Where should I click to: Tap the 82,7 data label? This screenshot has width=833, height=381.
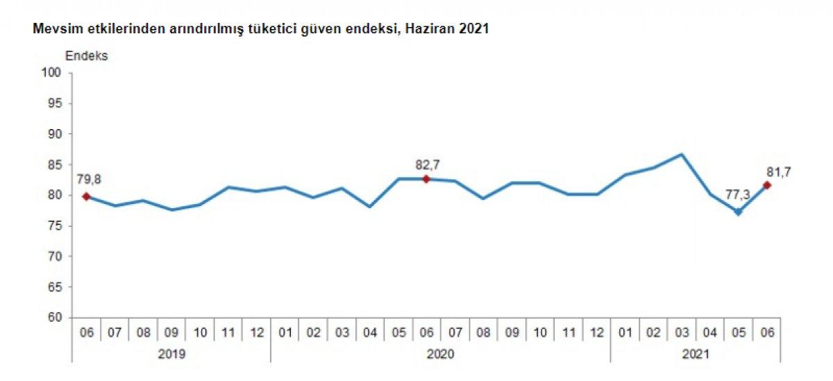pyautogui.click(x=427, y=164)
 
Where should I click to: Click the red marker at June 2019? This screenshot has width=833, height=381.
pyautogui.click(x=86, y=196)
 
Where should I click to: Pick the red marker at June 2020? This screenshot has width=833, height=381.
pyautogui.click(x=426, y=179)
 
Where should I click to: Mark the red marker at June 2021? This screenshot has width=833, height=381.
pyautogui.click(x=767, y=185)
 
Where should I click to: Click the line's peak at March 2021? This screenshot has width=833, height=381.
pyautogui.click(x=682, y=154)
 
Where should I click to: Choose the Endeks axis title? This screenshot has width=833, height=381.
pyautogui.click(x=87, y=56)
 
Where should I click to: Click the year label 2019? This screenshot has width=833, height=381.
pyautogui.click(x=171, y=353)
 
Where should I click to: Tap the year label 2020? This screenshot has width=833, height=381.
pyautogui.click(x=440, y=353)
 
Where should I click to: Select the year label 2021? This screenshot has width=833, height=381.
pyautogui.click(x=695, y=353)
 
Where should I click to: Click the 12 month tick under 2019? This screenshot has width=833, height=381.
pyautogui.click(x=256, y=332)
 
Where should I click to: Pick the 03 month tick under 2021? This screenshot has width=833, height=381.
pyautogui.click(x=682, y=332)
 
